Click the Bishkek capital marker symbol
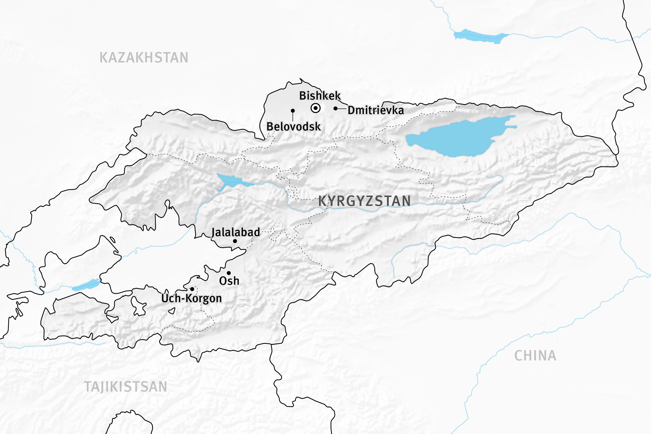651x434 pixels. point(316,108)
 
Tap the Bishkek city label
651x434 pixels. point(320,96)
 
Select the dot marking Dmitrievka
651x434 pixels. point(335,108)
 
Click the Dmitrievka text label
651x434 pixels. point(376,110)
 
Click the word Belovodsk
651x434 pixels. point(293,127)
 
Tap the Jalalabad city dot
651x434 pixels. point(235,241)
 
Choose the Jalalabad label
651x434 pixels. point(236,232)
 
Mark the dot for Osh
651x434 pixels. point(229,273)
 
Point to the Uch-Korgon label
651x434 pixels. point(191,298)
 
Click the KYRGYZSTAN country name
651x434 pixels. point(364,201)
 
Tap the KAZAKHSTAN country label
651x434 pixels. point(144,58)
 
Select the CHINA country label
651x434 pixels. point(535,356)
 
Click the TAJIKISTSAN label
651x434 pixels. point(125,387)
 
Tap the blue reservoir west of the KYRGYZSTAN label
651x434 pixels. point(231,180)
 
